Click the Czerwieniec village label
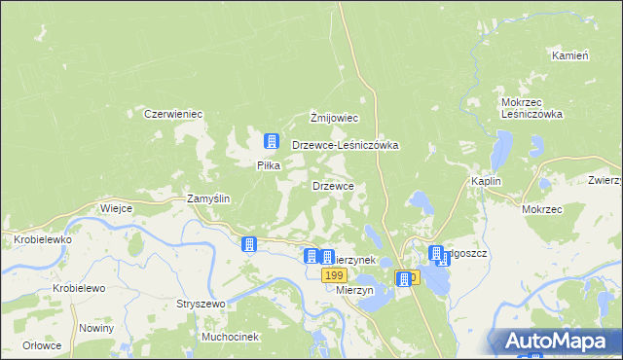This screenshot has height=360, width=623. coord(172,114)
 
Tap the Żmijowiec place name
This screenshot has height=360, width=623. coord(335,119)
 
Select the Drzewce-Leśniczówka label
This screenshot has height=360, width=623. coord(346,145)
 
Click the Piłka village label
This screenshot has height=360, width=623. coord(269,165)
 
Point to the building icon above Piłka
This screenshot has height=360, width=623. coord(272,141)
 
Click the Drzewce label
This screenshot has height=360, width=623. coord(339,185)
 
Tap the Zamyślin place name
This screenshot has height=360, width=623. coord(207,198)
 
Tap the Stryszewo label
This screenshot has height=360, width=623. coord(201,304)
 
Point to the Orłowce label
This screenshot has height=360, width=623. coord(44,345)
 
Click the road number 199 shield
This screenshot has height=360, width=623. coord(334,276)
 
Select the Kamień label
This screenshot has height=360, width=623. coord(570,55)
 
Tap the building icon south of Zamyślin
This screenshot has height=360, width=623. coord(250,244)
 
